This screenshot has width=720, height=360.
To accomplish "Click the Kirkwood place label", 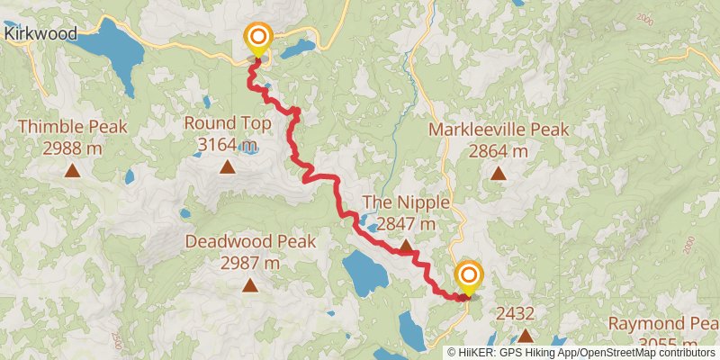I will [39, 33].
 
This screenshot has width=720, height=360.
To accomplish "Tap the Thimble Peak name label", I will [72, 127].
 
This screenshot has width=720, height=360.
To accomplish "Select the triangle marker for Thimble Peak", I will [71, 168].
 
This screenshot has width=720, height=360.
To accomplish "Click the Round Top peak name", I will [227, 122].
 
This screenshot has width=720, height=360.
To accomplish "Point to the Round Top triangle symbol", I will [228, 166].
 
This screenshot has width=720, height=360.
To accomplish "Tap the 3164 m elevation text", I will [227, 144].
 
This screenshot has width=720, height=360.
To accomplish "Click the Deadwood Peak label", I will [250, 241].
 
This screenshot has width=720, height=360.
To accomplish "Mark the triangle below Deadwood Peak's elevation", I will [250, 286].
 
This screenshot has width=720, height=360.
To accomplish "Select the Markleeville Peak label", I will [499, 130].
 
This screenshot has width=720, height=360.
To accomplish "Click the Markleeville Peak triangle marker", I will [498, 173].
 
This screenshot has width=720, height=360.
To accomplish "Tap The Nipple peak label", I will [406, 201].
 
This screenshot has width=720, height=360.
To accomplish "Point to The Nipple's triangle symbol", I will [406, 245].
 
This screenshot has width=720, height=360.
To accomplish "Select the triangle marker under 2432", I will [524, 336].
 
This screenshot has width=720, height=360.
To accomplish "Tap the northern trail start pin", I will [258, 39].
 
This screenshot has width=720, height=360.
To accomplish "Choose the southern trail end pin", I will [468, 275].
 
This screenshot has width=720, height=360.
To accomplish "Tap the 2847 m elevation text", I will [406, 223].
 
